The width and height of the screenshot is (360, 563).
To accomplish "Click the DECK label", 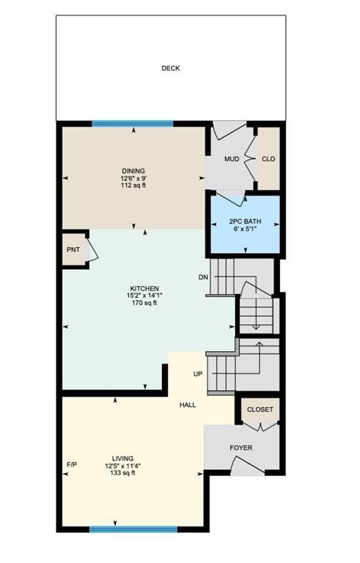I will point(170,69).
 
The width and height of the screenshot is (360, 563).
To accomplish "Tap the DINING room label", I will point(133,171).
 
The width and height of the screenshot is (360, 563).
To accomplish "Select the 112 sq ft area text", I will point(133,185).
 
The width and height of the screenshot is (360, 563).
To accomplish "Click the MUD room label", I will point(232,158).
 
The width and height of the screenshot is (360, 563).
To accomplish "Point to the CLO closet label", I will point(268,158).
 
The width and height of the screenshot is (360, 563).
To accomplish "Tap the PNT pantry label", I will point(74,250).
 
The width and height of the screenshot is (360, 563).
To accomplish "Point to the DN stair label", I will point(203,277).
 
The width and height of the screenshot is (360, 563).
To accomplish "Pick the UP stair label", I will point(197,374).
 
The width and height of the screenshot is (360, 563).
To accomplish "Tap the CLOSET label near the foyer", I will point(260,410).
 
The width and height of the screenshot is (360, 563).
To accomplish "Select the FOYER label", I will point(241,445).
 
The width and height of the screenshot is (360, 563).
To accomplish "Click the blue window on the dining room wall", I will point(133,123).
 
